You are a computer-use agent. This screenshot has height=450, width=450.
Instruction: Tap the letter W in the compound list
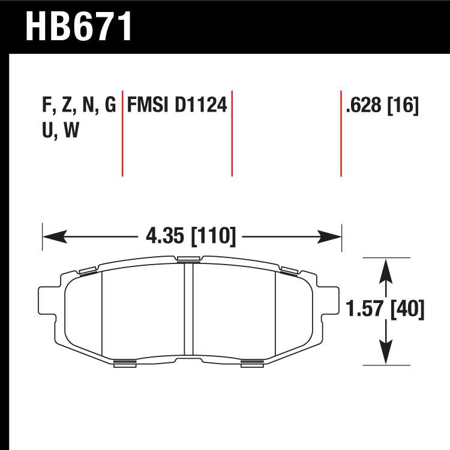(x=71, y=131)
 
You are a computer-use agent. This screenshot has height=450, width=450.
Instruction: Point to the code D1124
(x=200, y=107)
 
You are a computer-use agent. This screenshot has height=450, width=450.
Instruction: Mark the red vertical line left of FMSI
(x=122, y=134)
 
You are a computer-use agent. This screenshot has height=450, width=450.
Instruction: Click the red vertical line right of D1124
(x=232, y=134)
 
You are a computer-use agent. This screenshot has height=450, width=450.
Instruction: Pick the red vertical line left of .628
(x=341, y=134)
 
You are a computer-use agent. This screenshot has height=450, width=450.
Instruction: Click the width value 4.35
(x=166, y=236)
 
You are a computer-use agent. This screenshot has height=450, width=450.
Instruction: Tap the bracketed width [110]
(x=212, y=236)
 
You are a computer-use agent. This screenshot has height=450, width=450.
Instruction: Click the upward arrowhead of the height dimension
(x=386, y=266)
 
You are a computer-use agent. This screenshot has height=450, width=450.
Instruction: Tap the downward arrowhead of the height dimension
(x=386, y=355)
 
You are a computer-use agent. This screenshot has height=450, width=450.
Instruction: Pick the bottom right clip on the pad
(x=252, y=362)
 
